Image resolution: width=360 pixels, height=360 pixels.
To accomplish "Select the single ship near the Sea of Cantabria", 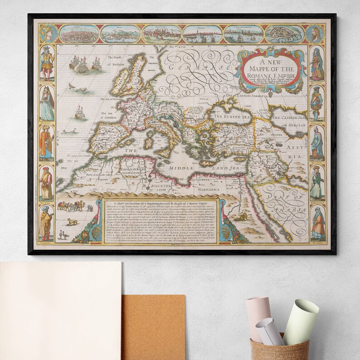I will pyautogui.click(x=80, y=112).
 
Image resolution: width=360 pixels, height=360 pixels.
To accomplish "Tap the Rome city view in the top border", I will pyautogui.click(x=78, y=33).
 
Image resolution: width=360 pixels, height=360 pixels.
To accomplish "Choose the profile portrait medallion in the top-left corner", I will pyautogui.click(x=47, y=33).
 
